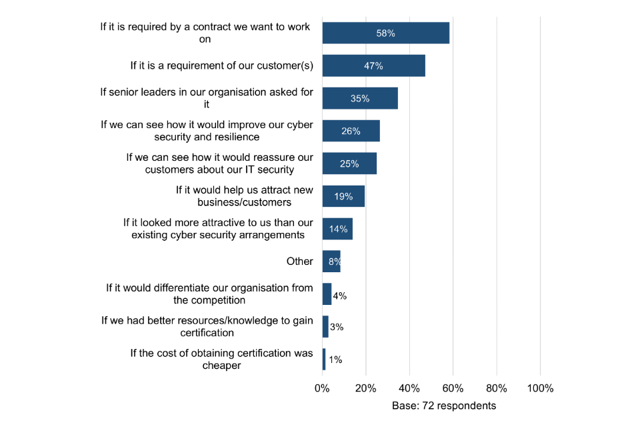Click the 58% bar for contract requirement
click(x=385, y=33)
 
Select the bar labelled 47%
click(x=373, y=65)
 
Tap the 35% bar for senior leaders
click(x=360, y=98)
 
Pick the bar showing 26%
click(x=351, y=131)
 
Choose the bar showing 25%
click(x=349, y=163)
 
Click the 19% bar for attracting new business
click(x=343, y=196)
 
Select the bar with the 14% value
click(x=337, y=229)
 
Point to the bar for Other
click(x=331, y=262)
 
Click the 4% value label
click(x=339, y=294)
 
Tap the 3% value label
click(x=336, y=327)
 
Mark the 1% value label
click(x=335, y=360)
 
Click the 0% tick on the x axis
click(x=322, y=388)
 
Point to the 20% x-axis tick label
click(x=365, y=388)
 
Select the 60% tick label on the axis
click(x=453, y=388)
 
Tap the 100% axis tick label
click(x=540, y=388)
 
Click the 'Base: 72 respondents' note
click(x=444, y=405)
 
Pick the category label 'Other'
click(x=299, y=262)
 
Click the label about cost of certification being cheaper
click(x=221, y=360)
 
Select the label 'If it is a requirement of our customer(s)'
click(x=221, y=65)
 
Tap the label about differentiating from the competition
click(x=209, y=294)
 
